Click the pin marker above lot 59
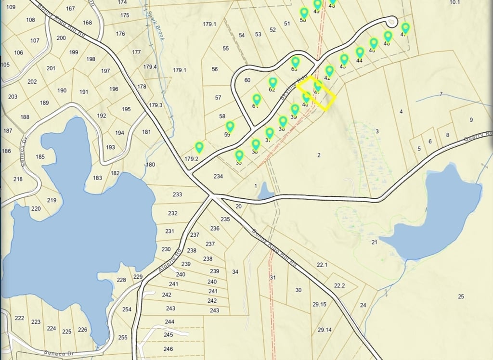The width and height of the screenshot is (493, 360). click(x=230, y=127)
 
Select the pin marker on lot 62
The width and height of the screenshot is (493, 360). click(x=273, y=83)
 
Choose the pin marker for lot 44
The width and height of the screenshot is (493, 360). click(x=360, y=52)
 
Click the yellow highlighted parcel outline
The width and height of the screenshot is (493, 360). click(x=316, y=93)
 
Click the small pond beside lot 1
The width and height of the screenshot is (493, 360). click(x=265, y=193)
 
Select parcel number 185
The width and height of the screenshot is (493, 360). click(x=40, y=156)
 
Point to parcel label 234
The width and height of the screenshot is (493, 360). click(x=218, y=177)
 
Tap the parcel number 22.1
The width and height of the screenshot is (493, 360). click(x=322, y=265)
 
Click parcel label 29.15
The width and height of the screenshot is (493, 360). click(x=319, y=304)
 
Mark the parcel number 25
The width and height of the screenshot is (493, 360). click(x=461, y=296)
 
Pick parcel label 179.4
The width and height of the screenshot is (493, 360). click(x=150, y=67)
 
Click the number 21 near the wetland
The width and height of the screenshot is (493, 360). click(x=374, y=242)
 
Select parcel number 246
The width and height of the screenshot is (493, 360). click(x=168, y=349)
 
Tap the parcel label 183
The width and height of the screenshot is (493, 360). click(x=97, y=178)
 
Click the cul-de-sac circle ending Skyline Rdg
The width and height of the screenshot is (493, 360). click(x=392, y=21)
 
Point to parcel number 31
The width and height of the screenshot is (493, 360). click(x=273, y=277)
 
